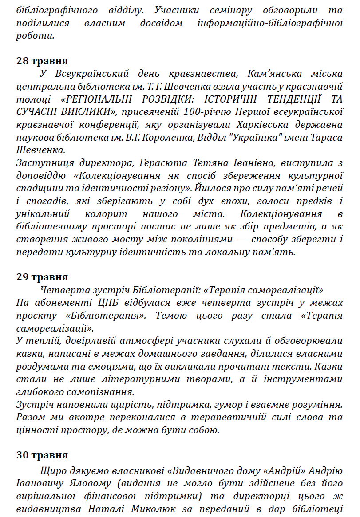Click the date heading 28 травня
[42, 61]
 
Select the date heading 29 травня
[42, 277]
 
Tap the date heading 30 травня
[42, 455]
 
